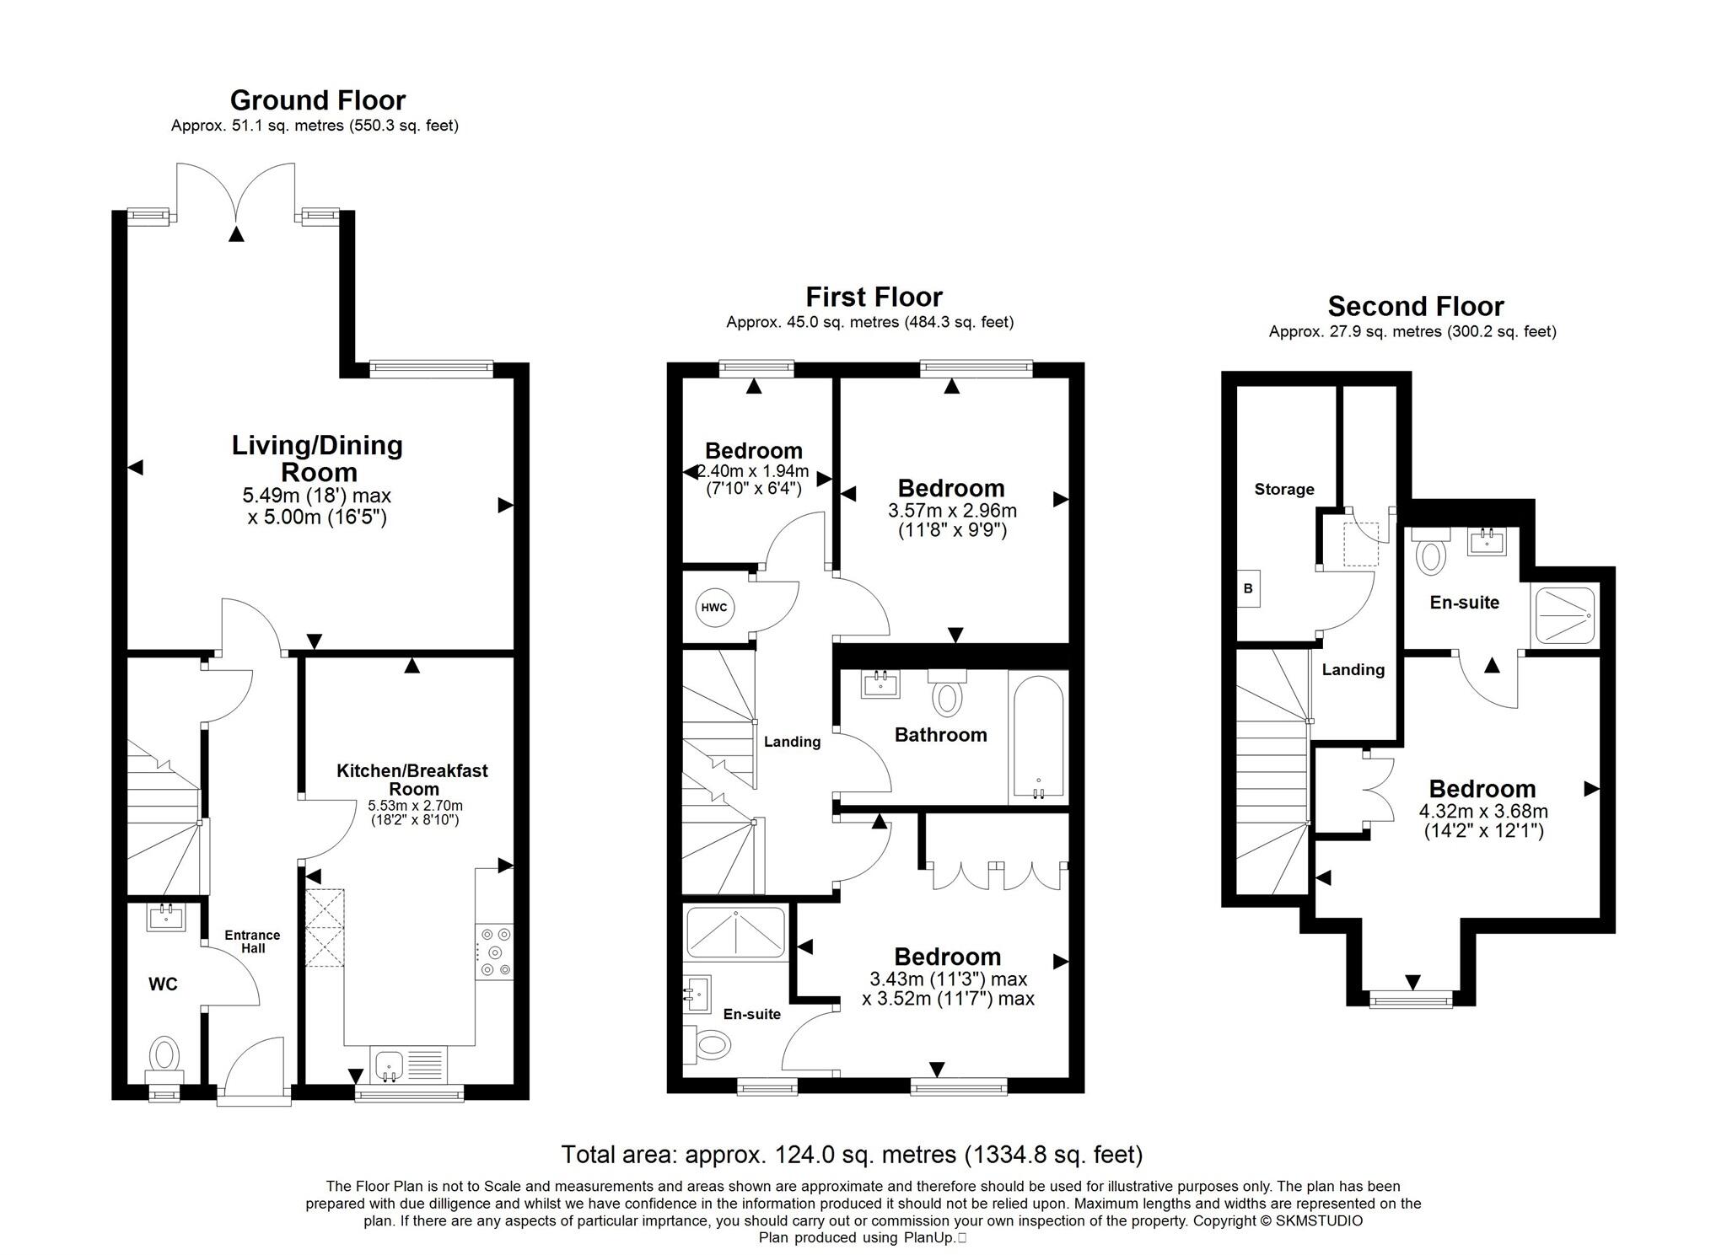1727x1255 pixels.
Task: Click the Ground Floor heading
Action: tap(318, 100)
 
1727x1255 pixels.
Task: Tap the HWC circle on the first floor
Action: tap(714, 607)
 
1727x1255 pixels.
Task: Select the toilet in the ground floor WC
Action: tap(164, 1059)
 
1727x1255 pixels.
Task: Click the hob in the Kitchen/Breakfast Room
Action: tap(494, 952)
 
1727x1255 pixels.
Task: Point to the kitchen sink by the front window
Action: tap(409, 1066)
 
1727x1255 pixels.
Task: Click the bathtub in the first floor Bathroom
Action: tap(1038, 737)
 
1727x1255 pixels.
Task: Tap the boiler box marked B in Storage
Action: tap(1248, 588)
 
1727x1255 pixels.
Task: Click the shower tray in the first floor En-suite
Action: tap(736, 933)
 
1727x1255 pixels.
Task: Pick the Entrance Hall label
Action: tap(252, 941)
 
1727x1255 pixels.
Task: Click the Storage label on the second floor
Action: tap(1283, 489)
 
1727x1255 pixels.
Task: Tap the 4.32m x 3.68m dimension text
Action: tap(1483, 813)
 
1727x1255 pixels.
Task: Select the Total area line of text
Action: tap(852, 1154)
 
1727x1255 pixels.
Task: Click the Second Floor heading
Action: tap(1415, 306)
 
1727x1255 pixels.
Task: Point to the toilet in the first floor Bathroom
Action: tap(948, 693)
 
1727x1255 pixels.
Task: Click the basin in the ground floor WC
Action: tap(166, 916)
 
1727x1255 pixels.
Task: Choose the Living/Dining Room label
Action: tap(318, 458)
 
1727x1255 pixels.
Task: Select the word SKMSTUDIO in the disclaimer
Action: tap(1320, 1220)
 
